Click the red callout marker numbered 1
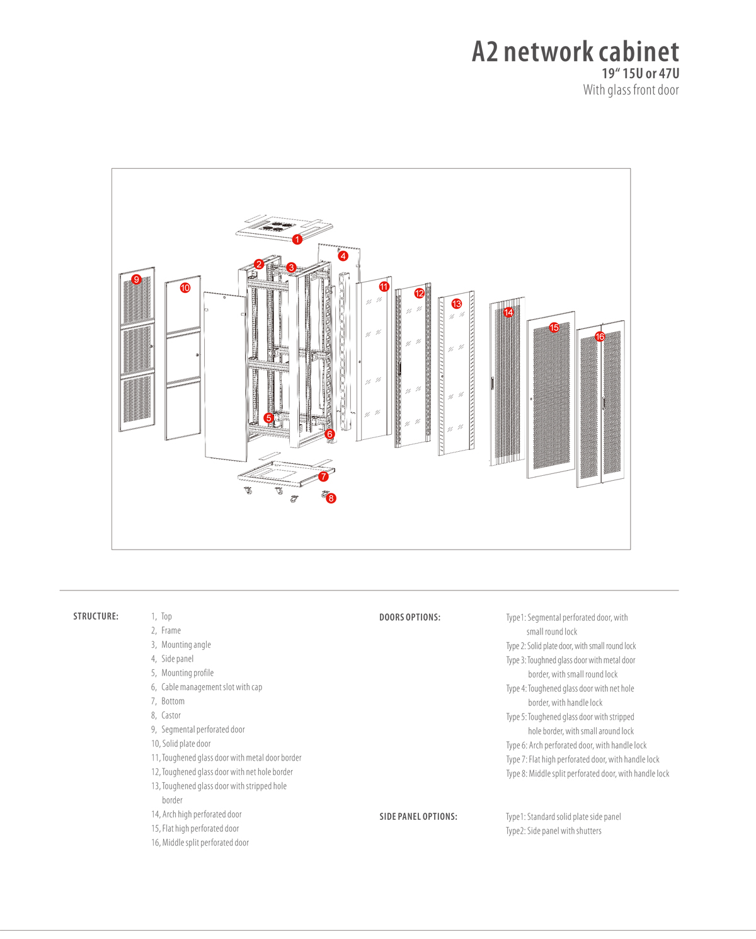coord(297,239)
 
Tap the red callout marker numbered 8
coord(331,498)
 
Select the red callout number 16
coord(600,337)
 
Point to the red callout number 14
coord(508,312)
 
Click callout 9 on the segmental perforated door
coord(136,279)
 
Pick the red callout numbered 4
coord(343,256)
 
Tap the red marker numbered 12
coord(420,293)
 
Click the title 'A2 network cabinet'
coord(575,52)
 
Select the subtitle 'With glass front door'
coord(631,90)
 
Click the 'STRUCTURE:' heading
coord(96,616)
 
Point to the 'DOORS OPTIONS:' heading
coord(409,618)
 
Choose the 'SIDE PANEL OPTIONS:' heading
coord(418,817)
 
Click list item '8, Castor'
coord(166,715)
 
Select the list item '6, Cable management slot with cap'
coord(207,687)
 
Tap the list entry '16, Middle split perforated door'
coord(200,843)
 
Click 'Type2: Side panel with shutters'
coord(553,831)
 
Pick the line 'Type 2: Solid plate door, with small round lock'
coord(571,646)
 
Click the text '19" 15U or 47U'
coord(640,74)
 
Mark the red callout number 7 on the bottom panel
coord(323,476)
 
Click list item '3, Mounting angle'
coord(181,645)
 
